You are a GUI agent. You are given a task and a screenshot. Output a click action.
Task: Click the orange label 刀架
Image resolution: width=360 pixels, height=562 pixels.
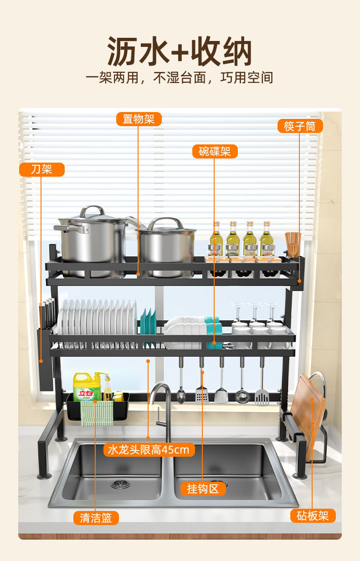41,169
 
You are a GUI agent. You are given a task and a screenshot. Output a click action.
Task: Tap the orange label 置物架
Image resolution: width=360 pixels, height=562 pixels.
139,119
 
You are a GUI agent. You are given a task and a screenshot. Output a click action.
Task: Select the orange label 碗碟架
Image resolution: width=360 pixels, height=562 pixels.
215,151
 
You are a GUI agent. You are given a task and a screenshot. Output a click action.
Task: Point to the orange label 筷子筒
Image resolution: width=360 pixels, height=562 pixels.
300,126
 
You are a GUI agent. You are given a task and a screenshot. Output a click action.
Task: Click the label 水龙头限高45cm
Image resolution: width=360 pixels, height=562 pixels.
149,450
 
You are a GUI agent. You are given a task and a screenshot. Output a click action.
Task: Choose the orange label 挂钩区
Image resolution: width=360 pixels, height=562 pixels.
203,489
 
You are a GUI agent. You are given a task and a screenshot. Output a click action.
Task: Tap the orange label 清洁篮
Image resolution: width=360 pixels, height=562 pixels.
96,518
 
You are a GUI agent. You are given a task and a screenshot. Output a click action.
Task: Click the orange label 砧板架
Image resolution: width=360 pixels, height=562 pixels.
313,516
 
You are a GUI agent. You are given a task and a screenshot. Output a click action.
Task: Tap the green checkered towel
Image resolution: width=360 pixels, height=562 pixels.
97,414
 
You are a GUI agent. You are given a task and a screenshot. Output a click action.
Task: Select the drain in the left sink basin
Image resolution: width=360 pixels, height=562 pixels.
120,484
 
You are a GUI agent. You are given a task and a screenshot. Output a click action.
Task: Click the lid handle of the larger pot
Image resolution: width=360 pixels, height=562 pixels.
92,211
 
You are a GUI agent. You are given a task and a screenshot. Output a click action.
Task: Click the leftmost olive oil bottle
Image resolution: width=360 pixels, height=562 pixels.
216,239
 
